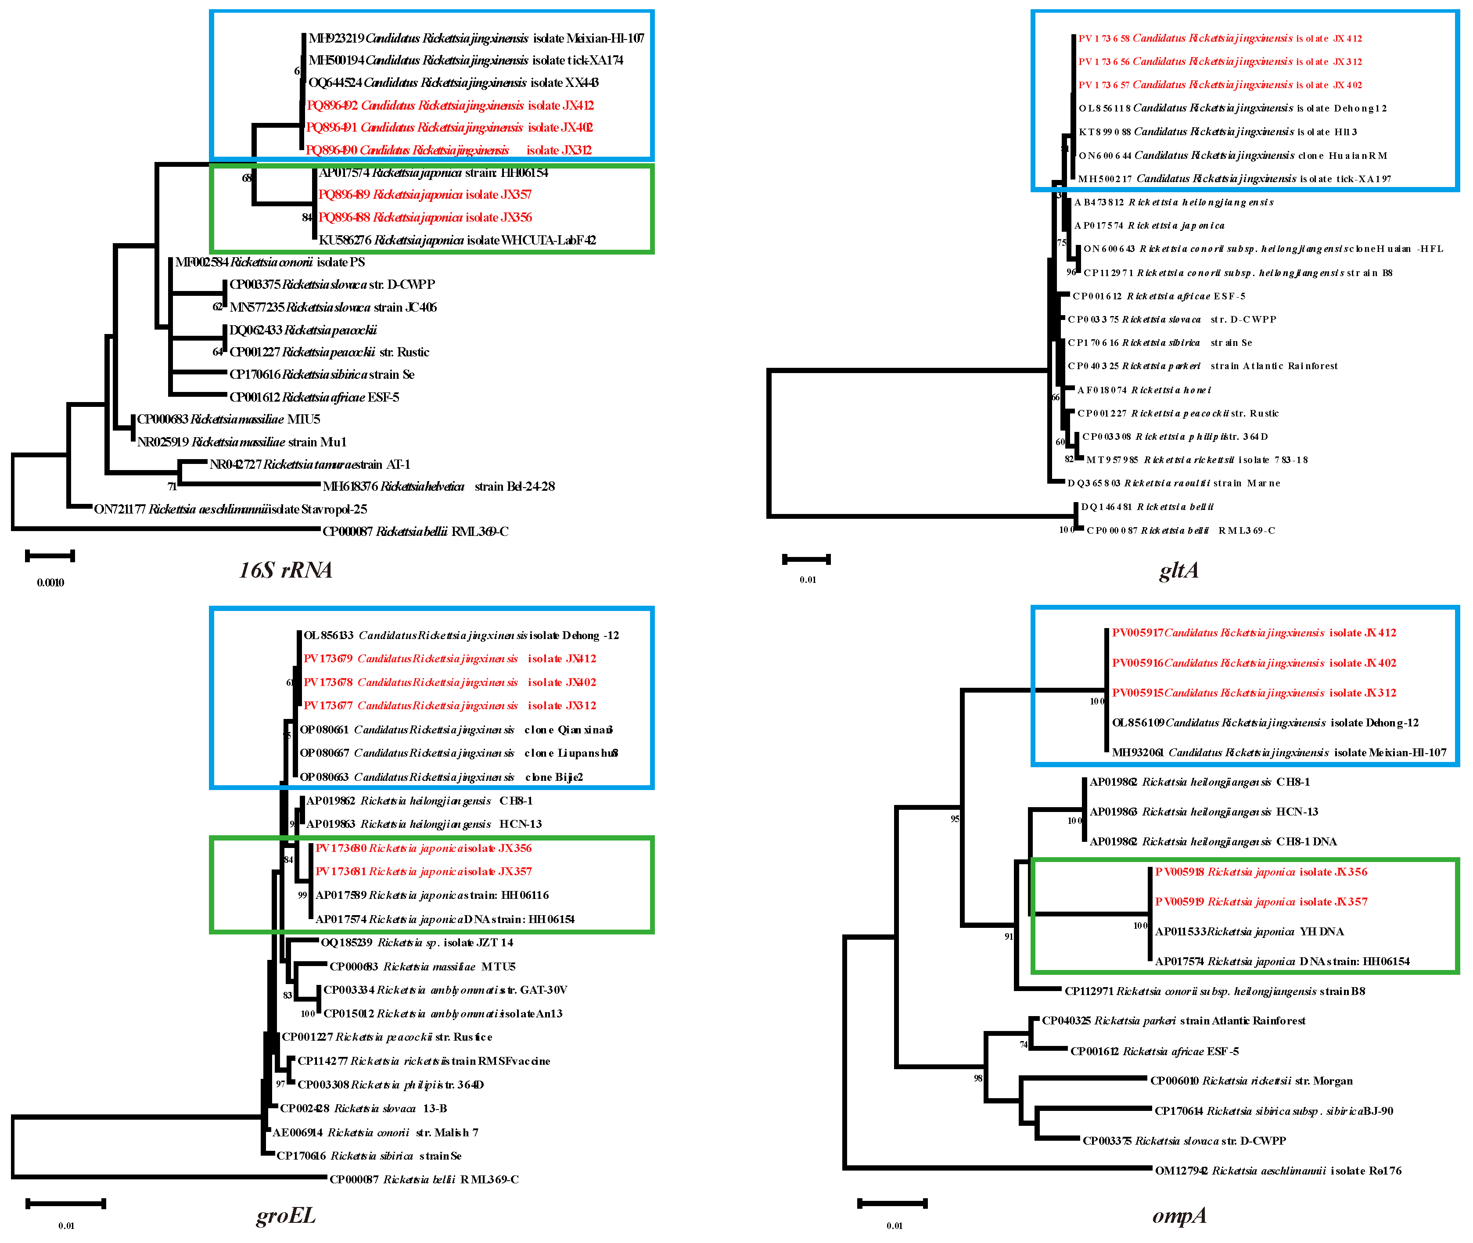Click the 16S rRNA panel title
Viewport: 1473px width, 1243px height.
click(x=285, y=569)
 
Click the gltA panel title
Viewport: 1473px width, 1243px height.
click(x=1178, y=569)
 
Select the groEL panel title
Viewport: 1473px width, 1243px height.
click(x=285, y=1215)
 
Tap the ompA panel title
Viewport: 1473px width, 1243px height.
click(x=1179, y=1215)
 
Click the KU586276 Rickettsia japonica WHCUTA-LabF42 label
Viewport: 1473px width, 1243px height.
click(x=457, y=240)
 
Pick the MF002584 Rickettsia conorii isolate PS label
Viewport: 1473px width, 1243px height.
click(x=270, y=262)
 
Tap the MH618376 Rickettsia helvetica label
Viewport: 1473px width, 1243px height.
click(x=438, y=486)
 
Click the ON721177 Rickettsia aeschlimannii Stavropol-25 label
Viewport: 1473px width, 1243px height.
click(x=230, y=509)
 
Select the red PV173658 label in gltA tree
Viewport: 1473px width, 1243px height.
click(x=1220, y=39)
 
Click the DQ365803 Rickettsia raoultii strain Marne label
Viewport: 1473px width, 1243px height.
click(x=1174, y=483)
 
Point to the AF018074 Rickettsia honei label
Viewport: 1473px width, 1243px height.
click(x=1144, y=390)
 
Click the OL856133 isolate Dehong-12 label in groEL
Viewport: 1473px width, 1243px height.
click(x=461, y=636)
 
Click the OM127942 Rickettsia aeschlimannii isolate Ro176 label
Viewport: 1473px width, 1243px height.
click(x=1278, y=1171)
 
